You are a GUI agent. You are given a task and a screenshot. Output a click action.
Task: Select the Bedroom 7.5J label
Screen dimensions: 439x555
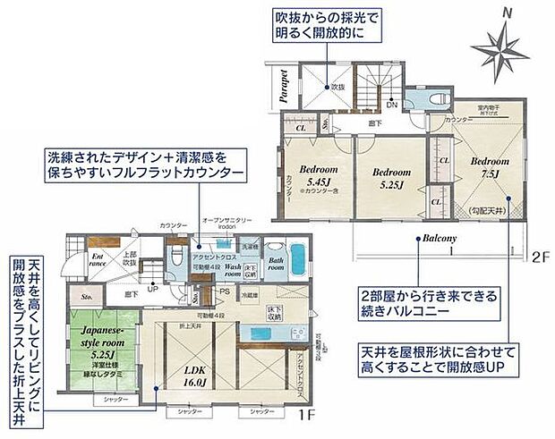[489, 167]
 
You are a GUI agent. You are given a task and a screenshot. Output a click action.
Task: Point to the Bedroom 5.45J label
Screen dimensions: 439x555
[319, 177]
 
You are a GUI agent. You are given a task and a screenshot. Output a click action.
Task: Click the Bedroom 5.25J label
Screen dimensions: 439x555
[391, 178]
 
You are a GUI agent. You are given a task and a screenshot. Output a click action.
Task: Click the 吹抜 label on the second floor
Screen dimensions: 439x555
[337, 88]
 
